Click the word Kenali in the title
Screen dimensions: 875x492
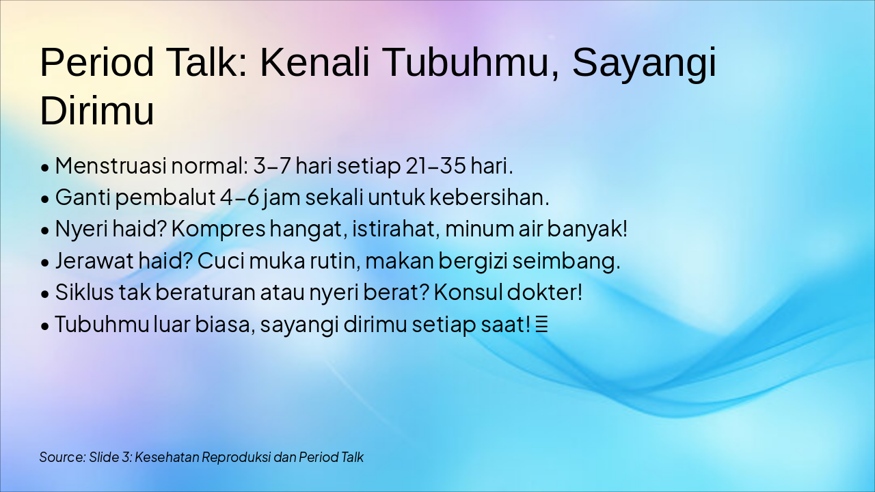pos(314,62)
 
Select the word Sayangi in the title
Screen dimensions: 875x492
pos(645,64)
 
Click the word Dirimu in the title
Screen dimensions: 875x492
pos(97,110)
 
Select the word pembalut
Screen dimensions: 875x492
pos(165,197)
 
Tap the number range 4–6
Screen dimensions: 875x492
pos(240,197)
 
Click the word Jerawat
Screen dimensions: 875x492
pos(94,261)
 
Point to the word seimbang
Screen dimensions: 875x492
pos(566,262)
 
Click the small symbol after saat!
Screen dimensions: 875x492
pos(541,325)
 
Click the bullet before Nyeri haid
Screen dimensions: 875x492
pos(45,230)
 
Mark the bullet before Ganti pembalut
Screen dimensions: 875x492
pos(45,199)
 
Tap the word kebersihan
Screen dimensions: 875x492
pos(489,197)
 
